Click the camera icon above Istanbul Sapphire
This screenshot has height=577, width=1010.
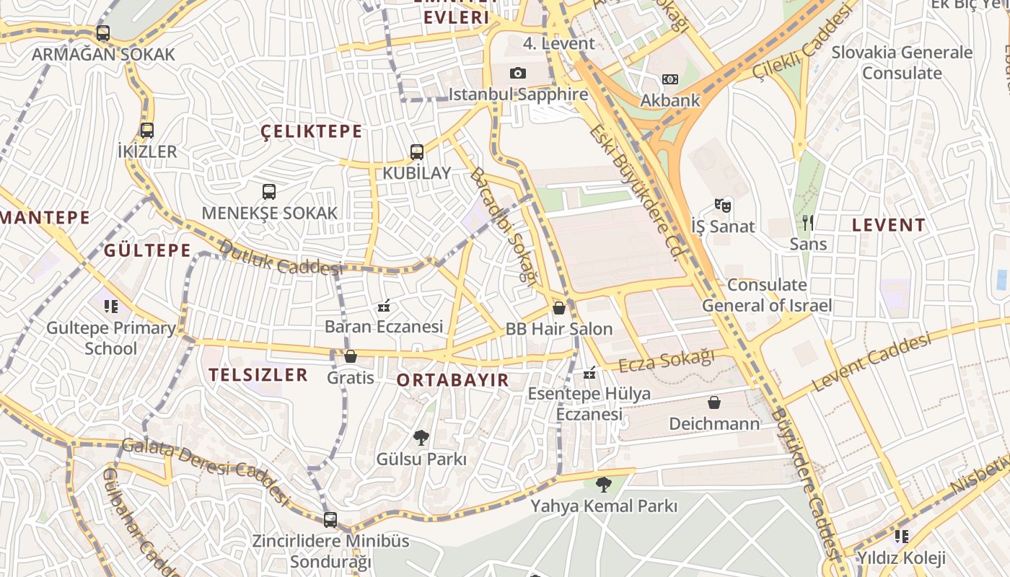(518, 73)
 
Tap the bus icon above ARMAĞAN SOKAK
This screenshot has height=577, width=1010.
(103, 33)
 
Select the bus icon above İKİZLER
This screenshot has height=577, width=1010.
(147, 131)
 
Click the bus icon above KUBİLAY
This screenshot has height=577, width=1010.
(417, 152)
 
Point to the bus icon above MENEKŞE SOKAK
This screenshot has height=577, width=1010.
(269, 192)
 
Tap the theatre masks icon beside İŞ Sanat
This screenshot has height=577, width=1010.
(723, 206)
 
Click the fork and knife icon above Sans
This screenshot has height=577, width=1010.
(808, 222)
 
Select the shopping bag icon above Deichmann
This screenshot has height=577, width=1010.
(714, 402)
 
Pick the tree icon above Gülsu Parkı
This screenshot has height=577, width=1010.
(421, 437)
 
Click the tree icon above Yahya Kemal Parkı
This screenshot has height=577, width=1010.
(604, 485)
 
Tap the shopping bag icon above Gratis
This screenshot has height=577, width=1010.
(351, 356)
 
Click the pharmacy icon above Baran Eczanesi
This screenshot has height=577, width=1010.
(384, 307)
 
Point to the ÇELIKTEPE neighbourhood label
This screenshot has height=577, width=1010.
(312, 131)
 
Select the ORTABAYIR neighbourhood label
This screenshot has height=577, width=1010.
(453, 380)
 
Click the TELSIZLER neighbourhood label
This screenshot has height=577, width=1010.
(258, 374)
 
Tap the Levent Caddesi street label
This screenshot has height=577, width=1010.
(871, 362)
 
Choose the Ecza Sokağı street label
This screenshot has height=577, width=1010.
(667, 359)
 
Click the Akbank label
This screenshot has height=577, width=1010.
(670, 100)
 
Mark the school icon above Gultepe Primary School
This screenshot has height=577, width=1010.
(110, 307)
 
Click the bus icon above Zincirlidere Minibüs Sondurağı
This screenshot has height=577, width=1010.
(330, 519)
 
